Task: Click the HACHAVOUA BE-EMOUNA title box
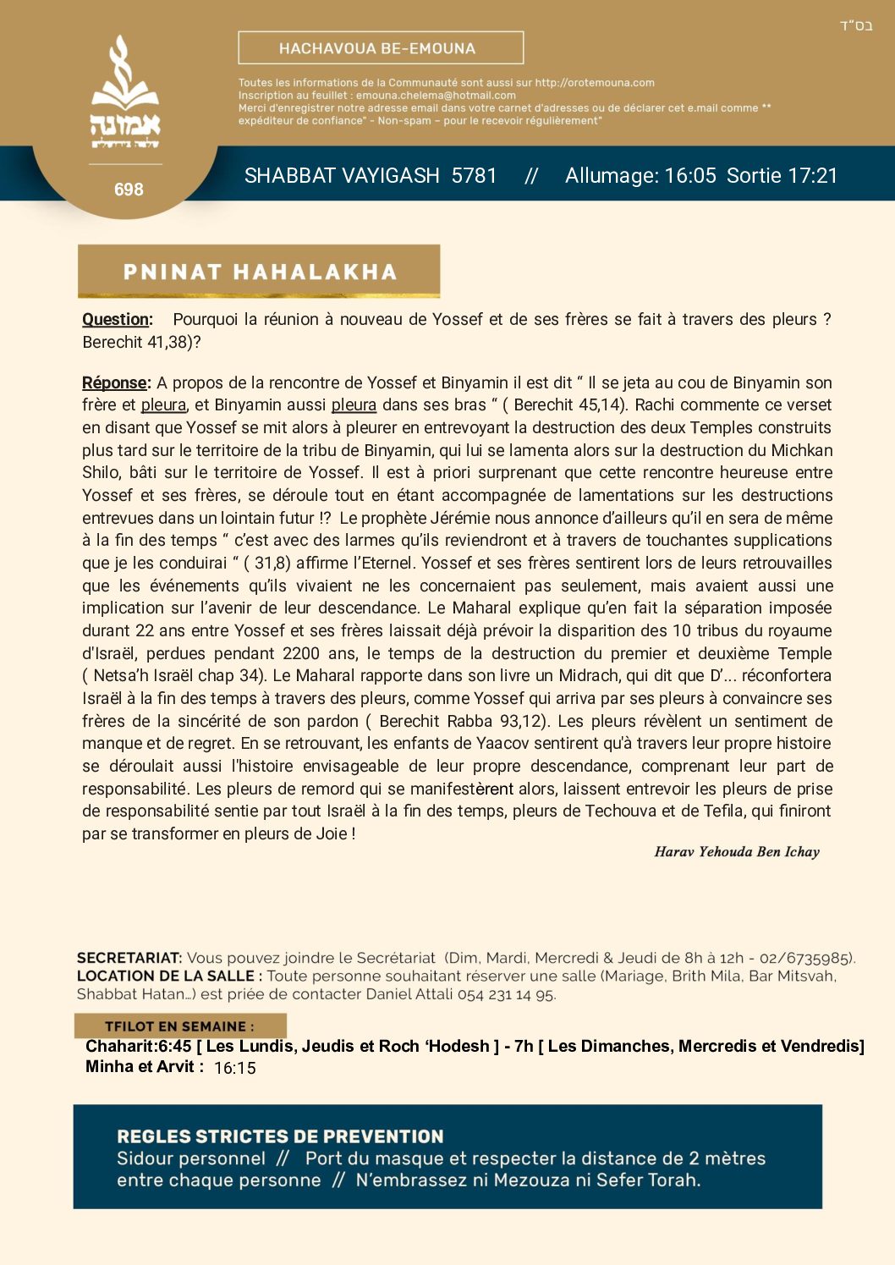pyautogui.click(x=381, y=48)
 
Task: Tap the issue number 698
pyautogui.click(x=129, y=190)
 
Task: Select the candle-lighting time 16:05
pyautogui.click(x=690, y=176)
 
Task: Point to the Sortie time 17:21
pyautogui.click(x=811, y=176)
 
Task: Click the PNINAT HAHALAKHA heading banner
pyautogui.click(x=259, y=272)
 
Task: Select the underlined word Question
pyautogui.click(x=116, y=320)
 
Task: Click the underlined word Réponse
pyautogui.click(x=114, y=382)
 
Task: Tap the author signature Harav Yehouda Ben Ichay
pyautogui.click(x=736, y=852)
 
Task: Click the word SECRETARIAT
pyautogui.click(x=129, y=958)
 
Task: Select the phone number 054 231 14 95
pyautogui.click(x=506, y=994)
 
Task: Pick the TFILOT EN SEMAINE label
pyautogui.click(x=179, y=1026)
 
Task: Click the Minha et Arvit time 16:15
pyautogui.click(x=234, y=1068)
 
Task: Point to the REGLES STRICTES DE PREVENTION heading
pyautogui.click(x=280, y=1136)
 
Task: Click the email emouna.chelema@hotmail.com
pyautogui.click(x=436, y=96)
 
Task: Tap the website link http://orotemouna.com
pyautogui.click(x=595, y=83)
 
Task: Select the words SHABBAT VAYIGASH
pyautogui.click(x=342, y=176)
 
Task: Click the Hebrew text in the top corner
pyautogui.click(x=856, y=25)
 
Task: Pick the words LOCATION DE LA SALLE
pyautogui.click(x=165, y=976)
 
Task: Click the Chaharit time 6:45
pyautogui.click(x=175, y=1047)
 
